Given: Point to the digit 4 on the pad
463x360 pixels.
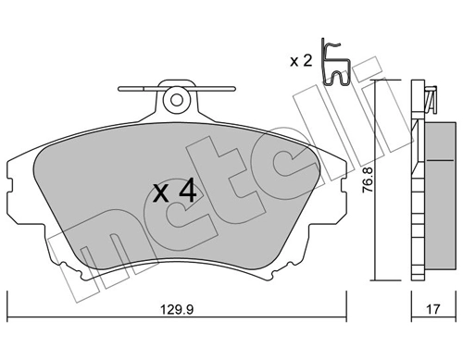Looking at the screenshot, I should (x=186, y=192).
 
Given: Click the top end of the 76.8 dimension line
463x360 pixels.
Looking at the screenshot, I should (x=373, y=82).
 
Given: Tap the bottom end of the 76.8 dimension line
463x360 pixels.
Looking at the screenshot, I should (x=373, y=279).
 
